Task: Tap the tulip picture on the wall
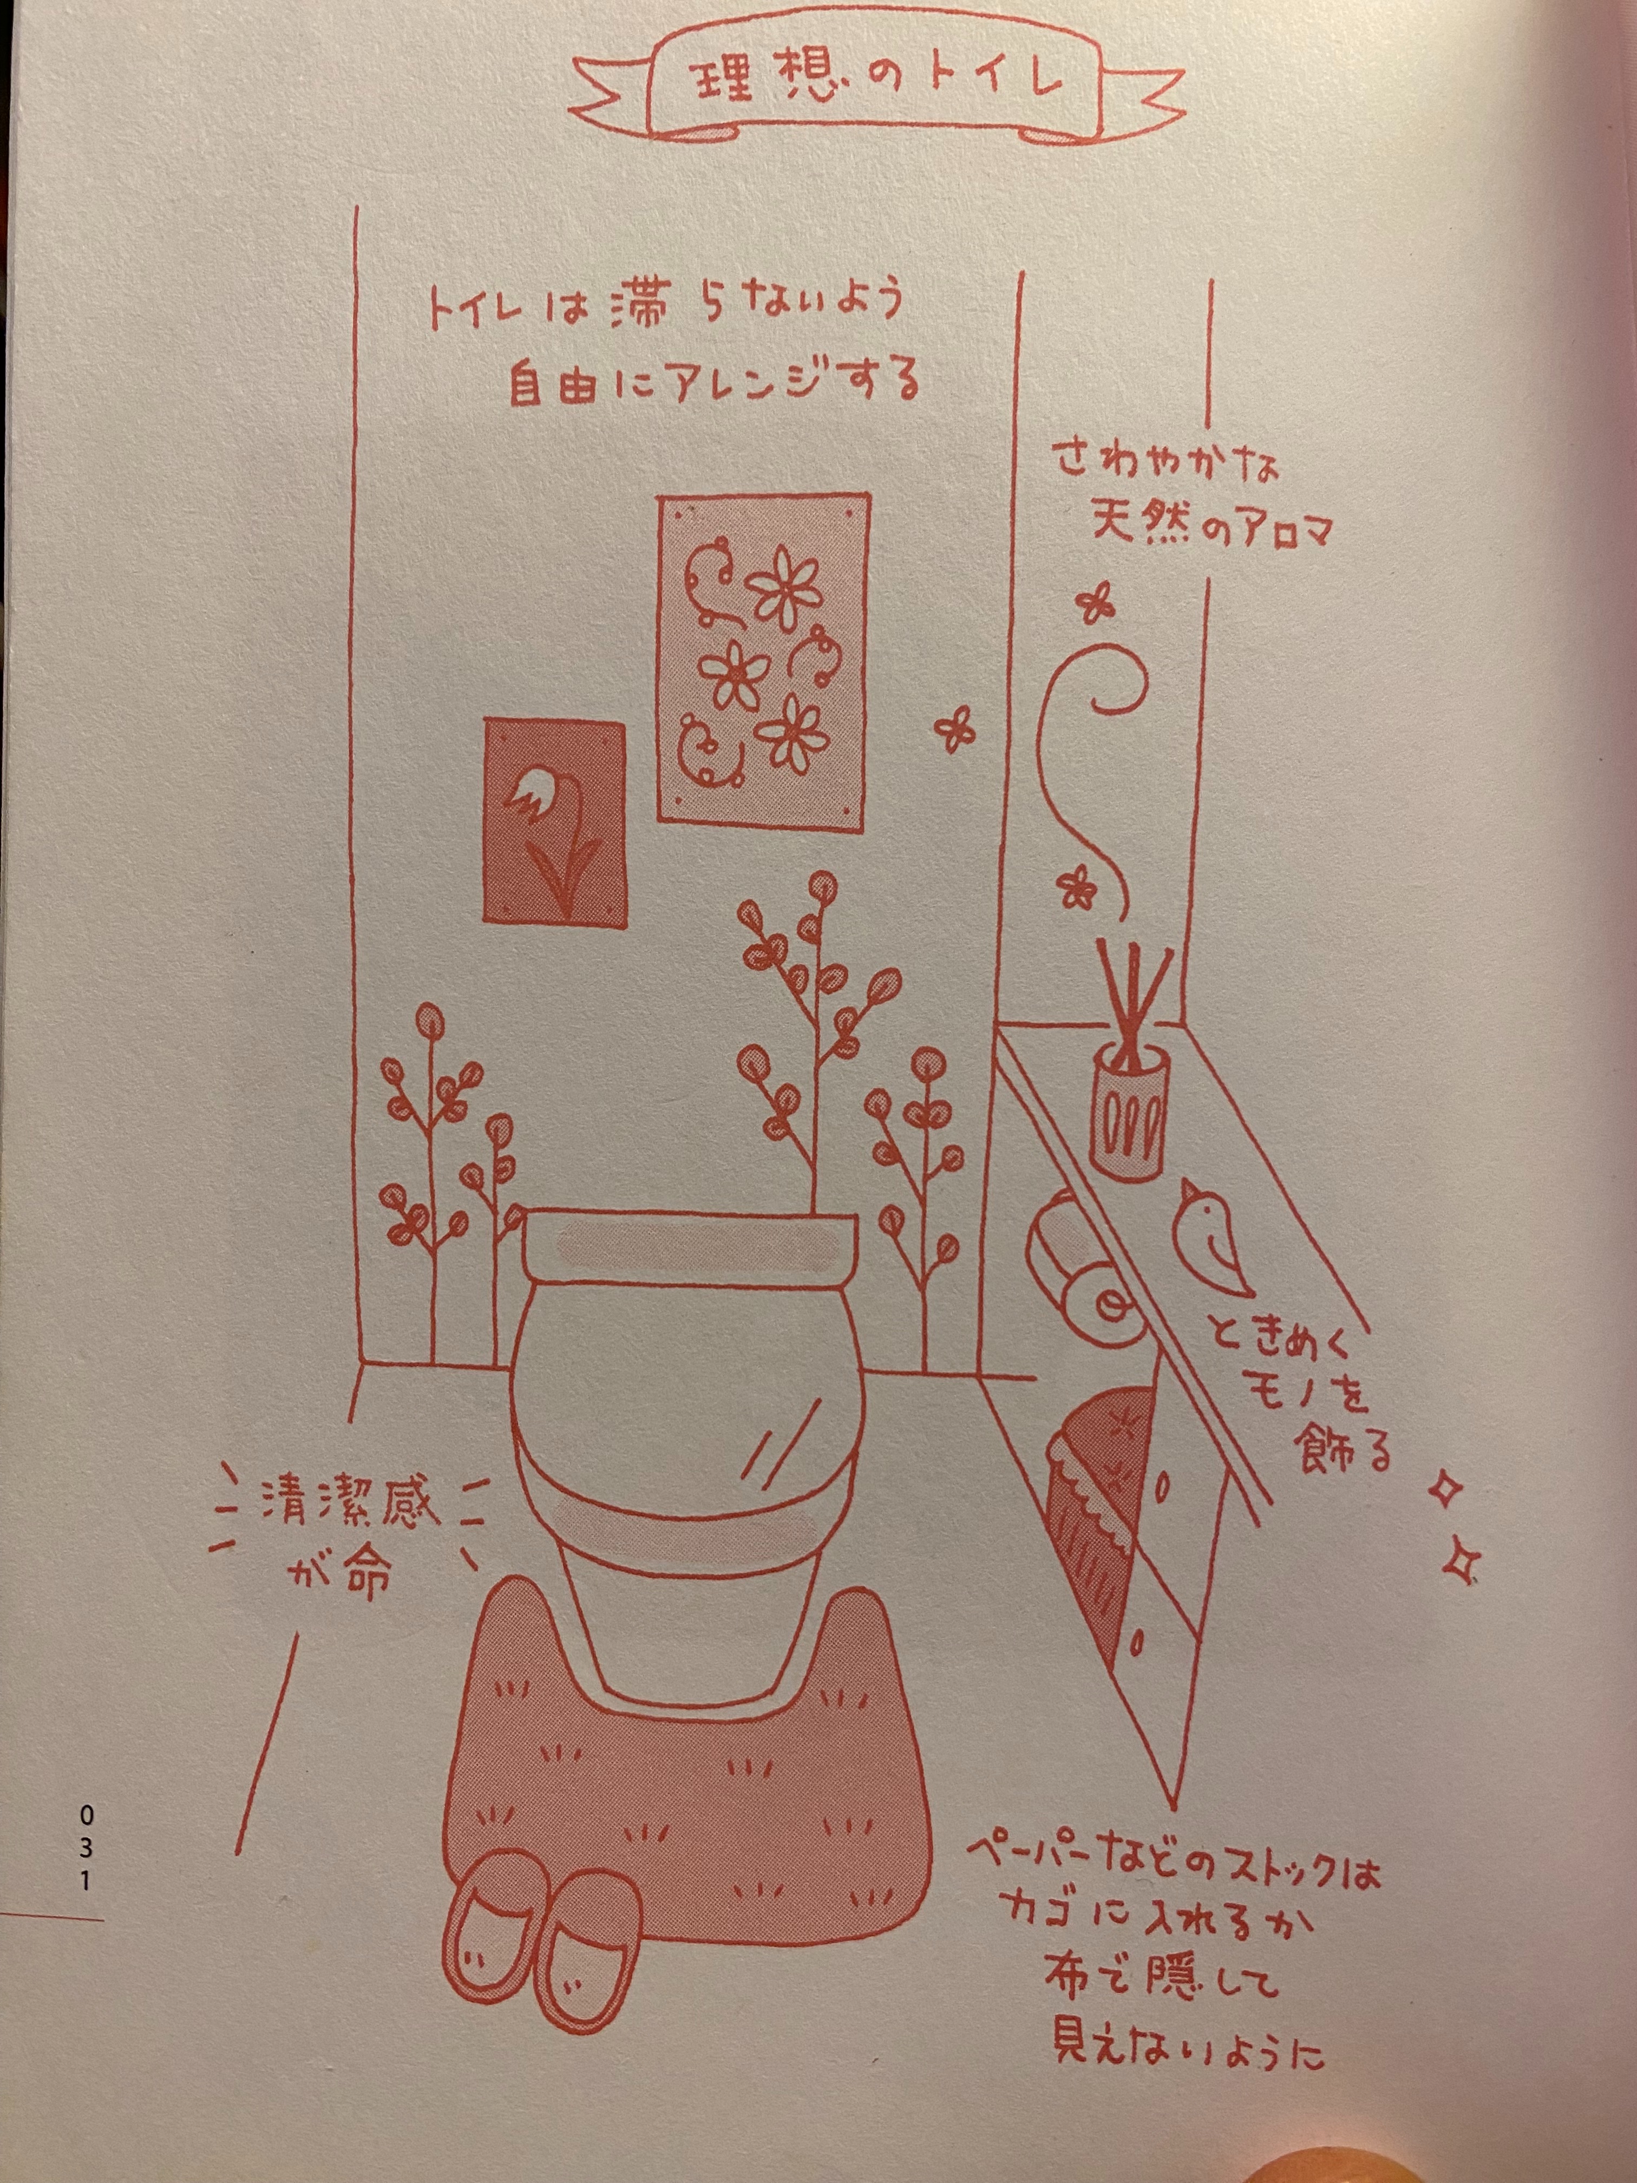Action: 554,821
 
